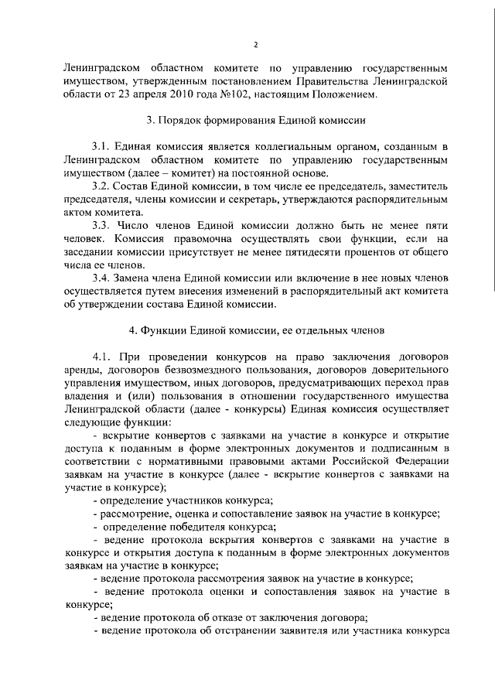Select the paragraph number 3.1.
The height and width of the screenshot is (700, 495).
point(102,147)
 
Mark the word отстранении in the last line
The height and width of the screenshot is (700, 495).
point(248,632)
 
